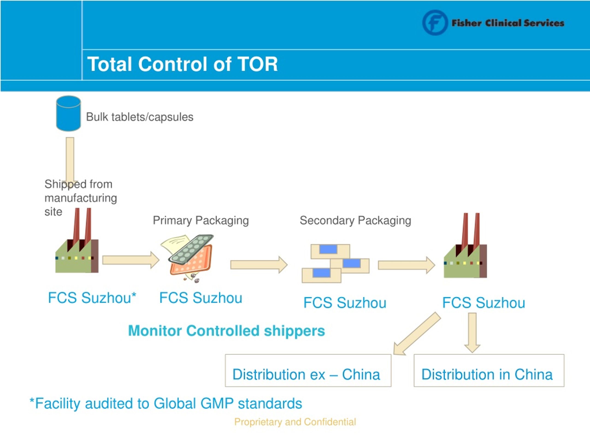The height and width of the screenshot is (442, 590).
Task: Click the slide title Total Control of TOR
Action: click(x=183, y=64)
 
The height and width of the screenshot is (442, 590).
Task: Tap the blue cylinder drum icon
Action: click(x=68, y=113)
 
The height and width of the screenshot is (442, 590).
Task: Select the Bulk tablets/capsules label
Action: click(x=139, y=117)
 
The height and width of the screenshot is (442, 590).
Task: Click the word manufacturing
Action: click(x=81, y=198)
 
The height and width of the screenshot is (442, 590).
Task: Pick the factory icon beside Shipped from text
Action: click(x=77, y=240)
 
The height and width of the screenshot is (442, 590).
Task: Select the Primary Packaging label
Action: click(x=201, y=220)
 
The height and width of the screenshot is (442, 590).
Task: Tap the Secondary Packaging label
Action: click(x=355, y=220)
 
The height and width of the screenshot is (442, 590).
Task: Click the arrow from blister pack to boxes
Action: click(x=259, y=265)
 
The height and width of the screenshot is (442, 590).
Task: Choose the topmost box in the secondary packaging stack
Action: click(x=330, y=251)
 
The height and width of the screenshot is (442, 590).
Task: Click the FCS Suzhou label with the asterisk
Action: click(x=92, y=298)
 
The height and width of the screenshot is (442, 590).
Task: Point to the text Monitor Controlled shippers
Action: click(x=227, y=331)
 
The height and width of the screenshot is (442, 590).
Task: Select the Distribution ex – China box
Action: click(x=308, y=370)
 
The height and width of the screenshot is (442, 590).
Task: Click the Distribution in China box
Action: click(x=489, y=370)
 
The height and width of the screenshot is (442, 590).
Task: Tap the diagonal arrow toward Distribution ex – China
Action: click(x=417, y=334)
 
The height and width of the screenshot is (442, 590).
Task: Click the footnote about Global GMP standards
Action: click(x=166, y=403)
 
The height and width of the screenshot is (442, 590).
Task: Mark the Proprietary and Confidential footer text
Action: click(x=295, y=422)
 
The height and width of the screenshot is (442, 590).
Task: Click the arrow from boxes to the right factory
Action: click(x=407, y=265)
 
